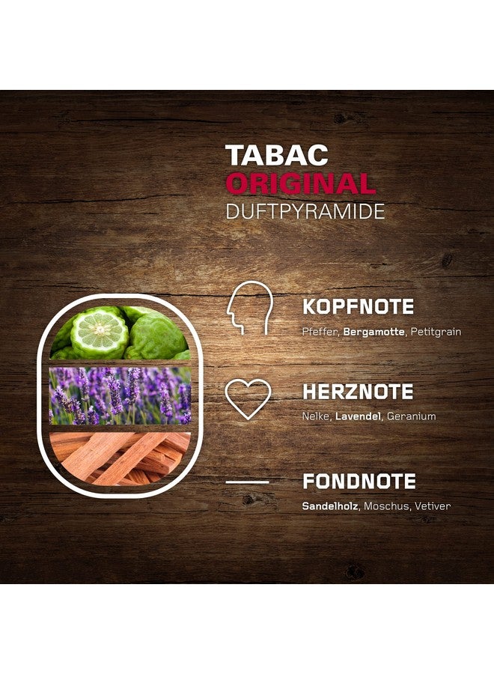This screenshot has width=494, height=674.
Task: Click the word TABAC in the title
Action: click(x=277, y=155)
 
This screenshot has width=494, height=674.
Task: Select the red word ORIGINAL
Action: click(x=300, y=183)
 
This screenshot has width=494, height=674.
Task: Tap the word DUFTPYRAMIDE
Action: click(x=305, y=211)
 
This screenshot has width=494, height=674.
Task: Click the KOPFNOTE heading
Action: click(x=359, y=307)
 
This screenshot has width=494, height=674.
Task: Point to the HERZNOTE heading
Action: click(x=358, y=392)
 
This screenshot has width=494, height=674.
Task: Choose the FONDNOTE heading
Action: click(x=359, y=482)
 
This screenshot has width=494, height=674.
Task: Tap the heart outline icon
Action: click(x=248, y=398)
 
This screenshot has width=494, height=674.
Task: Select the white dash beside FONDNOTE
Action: click(x=247, y=482)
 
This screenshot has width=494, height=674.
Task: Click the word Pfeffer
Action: click(x=320, y=331)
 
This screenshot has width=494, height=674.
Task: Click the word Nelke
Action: click(x=315, y=416)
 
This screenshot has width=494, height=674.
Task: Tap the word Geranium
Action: click(x=411, y=416)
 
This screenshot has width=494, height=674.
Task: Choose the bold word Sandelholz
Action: click(x=331, y=506)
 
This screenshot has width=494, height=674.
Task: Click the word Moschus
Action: click(x=387, y=506)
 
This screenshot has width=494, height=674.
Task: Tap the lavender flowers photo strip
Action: click(x=120, y=396)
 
